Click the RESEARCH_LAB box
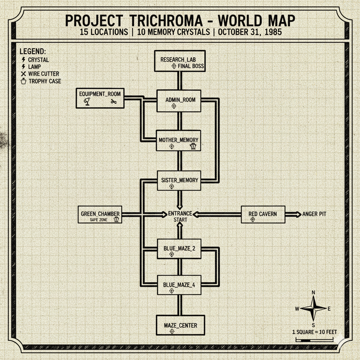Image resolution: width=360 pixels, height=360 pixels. point(180,61)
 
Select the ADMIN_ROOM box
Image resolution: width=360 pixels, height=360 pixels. point(179,101)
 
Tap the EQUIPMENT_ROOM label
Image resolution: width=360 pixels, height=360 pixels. point(100,94)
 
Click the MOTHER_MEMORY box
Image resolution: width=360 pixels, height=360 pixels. point(179,141)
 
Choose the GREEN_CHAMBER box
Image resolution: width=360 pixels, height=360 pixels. point(100,214)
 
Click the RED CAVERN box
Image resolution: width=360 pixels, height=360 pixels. point(263,214)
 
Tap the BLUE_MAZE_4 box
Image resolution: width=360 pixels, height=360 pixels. point(179,285)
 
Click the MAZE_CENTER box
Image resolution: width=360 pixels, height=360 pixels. point(180,326)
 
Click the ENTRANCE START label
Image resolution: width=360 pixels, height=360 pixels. point(180,217)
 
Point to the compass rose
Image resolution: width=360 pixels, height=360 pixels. point(313,309)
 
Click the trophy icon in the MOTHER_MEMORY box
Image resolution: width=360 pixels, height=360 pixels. point(193,146)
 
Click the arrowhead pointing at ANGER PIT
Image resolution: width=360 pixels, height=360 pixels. point(297,214)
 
